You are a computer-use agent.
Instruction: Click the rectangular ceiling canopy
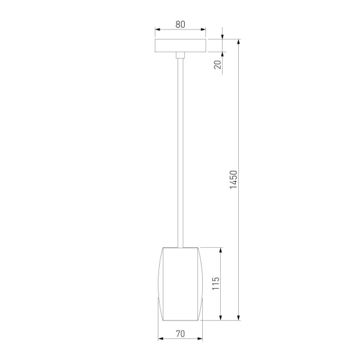point(180,46)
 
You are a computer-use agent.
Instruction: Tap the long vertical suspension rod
point(180,150)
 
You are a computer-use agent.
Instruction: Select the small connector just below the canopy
point(180,56)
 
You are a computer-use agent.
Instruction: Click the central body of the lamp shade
point(180,283)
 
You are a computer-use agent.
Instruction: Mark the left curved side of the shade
point(160,283)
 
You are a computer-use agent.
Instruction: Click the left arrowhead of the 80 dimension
point(157,28)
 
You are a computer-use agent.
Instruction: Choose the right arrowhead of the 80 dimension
point(203,28)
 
